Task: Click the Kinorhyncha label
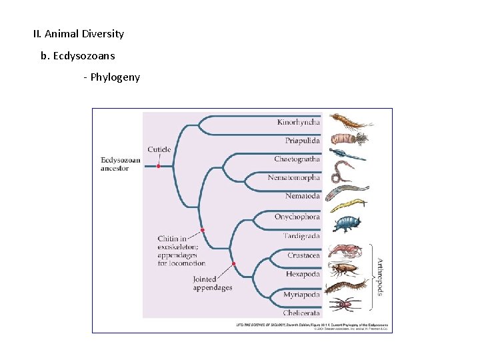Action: (299, 122)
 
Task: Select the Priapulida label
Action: (303, 141)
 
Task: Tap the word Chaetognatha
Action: (297, 159)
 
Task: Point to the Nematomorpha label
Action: (294, 178)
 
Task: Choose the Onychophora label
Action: (297, 217)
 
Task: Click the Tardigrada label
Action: (301, 236)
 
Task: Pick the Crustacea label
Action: (304, 255)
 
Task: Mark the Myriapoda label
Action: (301, 294)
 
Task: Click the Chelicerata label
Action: (301, 313)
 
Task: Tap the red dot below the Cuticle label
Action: (159, 166)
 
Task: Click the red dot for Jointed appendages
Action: (234, 264)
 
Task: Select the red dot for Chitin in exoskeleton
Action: (203, 230)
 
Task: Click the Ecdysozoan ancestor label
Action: (121, 164)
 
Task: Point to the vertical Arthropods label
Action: (380, 277)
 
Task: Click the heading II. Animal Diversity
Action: (79, 33)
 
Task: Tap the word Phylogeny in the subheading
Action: (115, 77)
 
